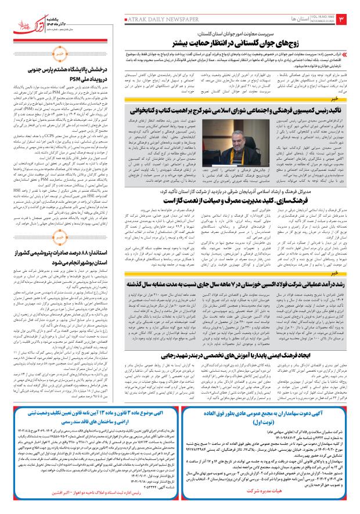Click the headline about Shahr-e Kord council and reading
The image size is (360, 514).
click(220, 109)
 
